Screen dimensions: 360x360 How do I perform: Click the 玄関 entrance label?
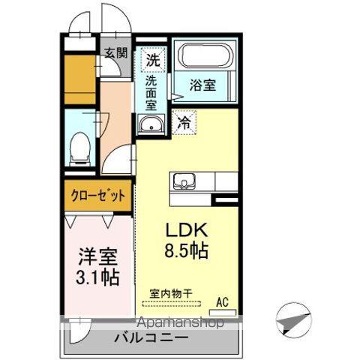(116, 53)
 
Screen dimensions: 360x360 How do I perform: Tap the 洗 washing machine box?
(153, 58)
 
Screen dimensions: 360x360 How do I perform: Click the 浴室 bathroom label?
(202, 85)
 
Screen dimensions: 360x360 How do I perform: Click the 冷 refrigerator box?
(184, 124)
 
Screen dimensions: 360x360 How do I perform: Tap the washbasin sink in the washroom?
(152, 125)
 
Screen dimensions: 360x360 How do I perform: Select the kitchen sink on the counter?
(184, 182)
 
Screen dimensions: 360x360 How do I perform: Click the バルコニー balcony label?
(151, 338)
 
